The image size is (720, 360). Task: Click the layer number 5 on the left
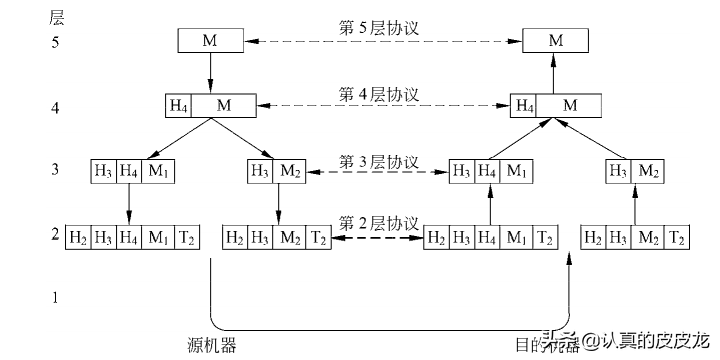point(56,43)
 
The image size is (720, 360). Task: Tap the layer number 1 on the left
point(56,297)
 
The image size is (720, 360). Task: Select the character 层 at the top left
point(57,16)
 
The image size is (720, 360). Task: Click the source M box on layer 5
point(210,41)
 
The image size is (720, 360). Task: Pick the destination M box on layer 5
point(555,41)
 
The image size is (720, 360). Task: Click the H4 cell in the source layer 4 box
point(178,105)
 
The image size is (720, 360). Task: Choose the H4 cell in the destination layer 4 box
point(524,105)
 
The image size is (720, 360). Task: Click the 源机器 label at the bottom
point(211,345)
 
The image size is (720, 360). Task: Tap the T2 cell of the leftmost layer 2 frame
point(187,238)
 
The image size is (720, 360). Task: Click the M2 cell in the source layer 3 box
point(291,171)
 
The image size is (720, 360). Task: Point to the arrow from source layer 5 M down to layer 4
point(210,73)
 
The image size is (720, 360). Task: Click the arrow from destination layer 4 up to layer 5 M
point(555,73)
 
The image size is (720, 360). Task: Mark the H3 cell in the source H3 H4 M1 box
point(103,171)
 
